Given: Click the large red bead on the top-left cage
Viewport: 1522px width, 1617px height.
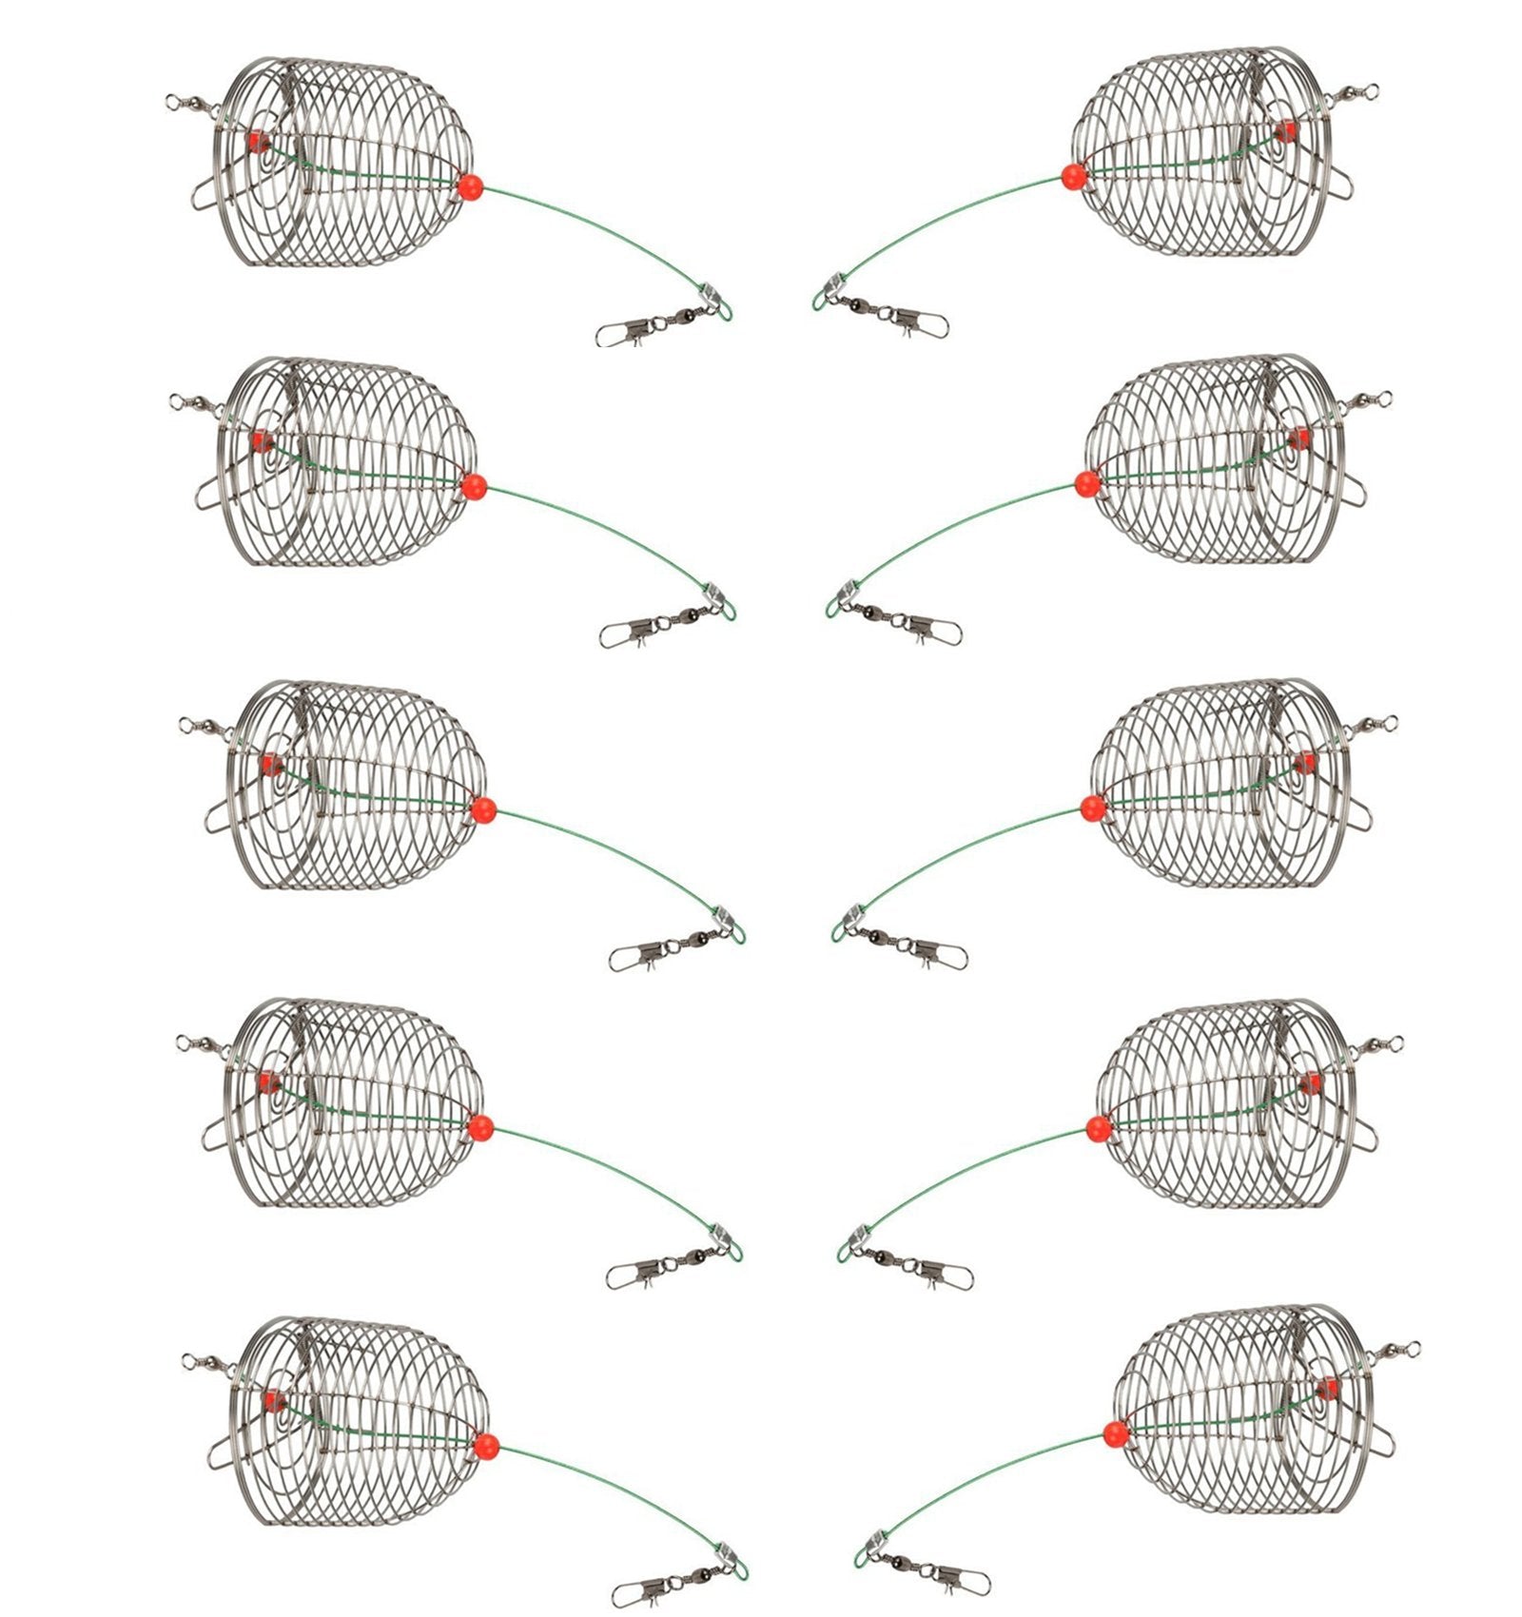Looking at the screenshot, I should [x=470, y=186].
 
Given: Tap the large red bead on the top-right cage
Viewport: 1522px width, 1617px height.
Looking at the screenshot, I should [x=1074, y=177].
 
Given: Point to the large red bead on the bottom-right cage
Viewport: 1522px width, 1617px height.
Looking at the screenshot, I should [x=1117, y=1432].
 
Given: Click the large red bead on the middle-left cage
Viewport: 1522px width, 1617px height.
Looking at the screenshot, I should [x=483, y=810].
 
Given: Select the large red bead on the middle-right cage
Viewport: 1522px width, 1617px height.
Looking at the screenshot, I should [x=1094, y=808].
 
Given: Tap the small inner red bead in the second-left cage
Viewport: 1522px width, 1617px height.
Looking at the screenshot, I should [x=258, y=440].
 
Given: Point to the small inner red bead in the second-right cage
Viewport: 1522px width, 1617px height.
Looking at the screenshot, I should [x=1298, y=438].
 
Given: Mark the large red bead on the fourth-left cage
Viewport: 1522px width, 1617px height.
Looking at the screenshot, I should [x=480, y=1128].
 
